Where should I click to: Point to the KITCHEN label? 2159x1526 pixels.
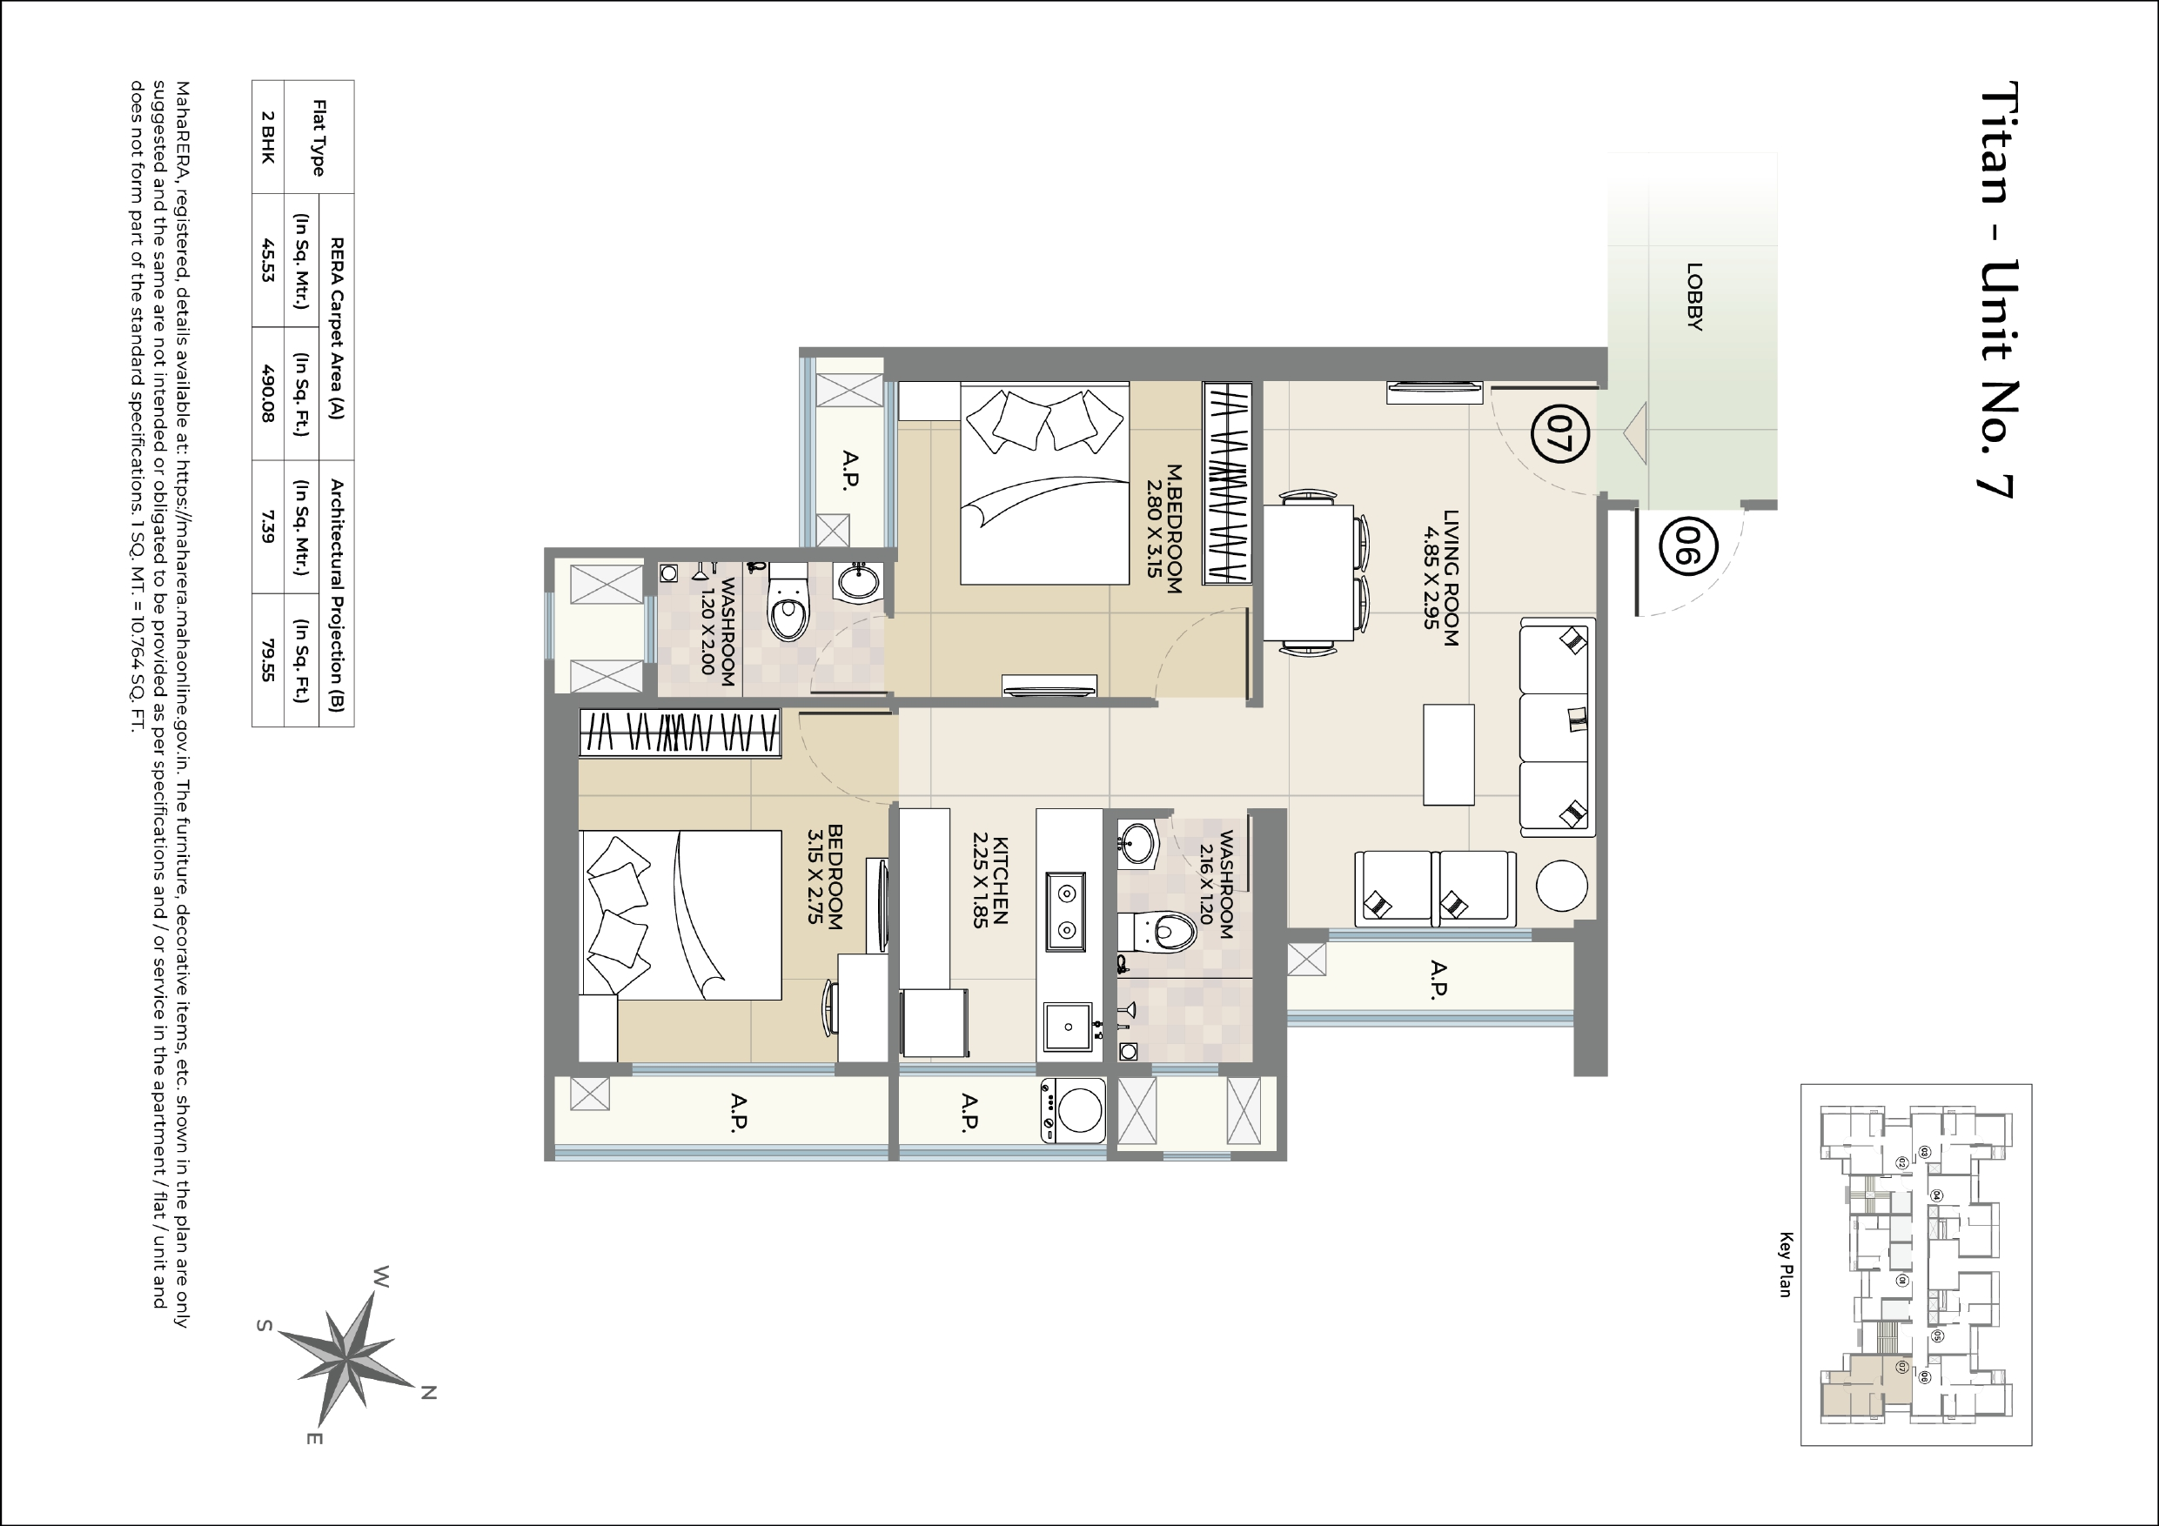click(x=990, y=881)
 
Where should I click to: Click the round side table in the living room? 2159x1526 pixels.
click(x=1562, y=886)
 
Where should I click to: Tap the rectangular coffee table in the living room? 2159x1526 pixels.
click(x=1448, y=754)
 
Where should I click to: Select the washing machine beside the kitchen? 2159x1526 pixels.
click(x=1074, y=1110)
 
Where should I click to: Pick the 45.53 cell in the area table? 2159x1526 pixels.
click(x=268, y=260)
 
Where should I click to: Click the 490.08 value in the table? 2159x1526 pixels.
click(x=268, y=393)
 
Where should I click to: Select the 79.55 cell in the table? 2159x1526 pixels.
click(x=268, y=660)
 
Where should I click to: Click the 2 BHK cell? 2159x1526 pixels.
click(x=268, y=137)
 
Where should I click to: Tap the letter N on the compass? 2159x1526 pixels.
click(x=428, y=1393)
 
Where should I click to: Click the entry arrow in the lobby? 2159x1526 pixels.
click(x=1636, y=433)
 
